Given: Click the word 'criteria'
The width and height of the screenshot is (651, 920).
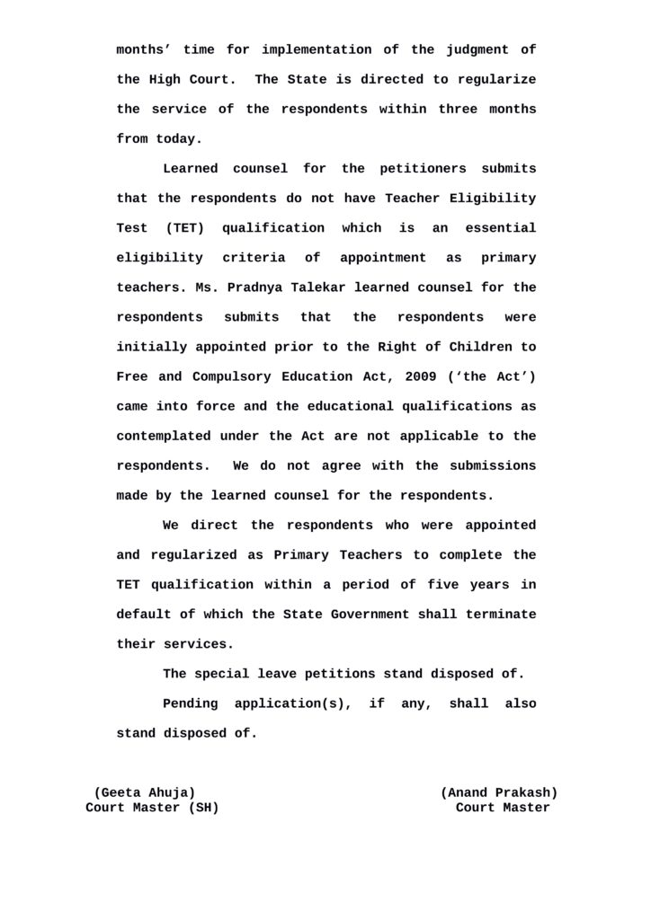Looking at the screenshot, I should pos(254,257).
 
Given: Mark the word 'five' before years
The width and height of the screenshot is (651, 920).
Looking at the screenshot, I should pos(440,584).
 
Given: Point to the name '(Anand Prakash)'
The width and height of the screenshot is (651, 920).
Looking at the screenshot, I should pos(498,792).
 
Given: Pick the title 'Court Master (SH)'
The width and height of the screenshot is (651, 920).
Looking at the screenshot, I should pos(152,808).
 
